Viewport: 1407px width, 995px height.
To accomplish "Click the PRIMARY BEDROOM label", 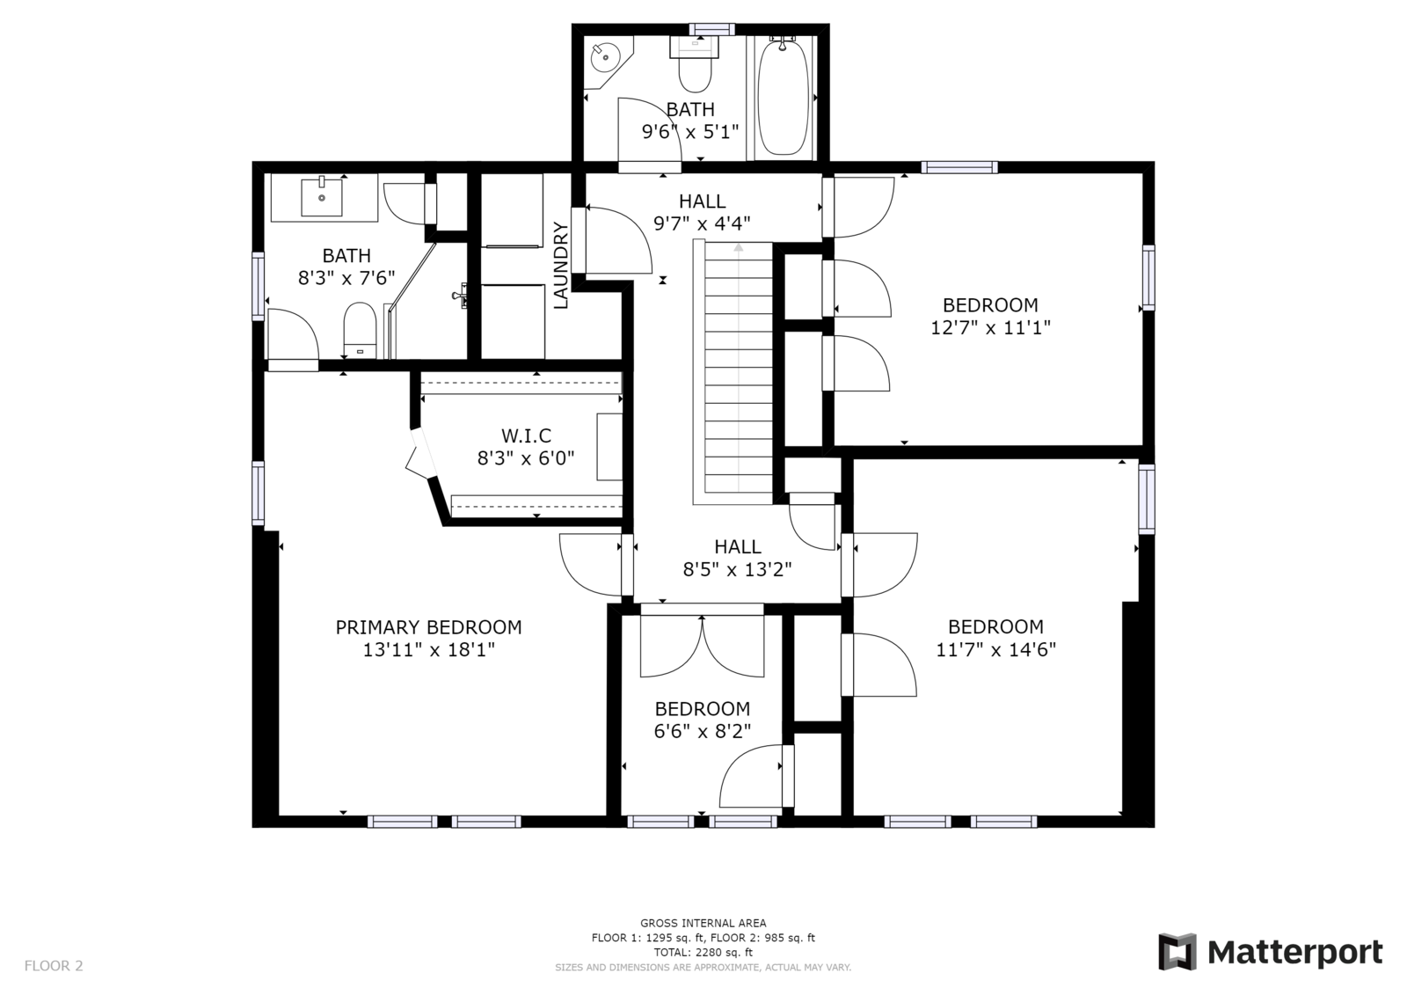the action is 428,627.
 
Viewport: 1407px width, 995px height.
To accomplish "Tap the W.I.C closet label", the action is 527,435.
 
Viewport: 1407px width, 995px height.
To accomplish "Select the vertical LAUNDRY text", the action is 560,266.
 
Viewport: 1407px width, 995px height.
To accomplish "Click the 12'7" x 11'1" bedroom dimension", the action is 990,327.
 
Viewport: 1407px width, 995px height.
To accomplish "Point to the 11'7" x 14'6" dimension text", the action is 996,649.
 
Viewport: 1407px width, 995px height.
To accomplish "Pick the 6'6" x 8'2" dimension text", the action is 703,732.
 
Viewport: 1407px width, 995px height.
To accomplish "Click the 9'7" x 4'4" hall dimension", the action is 703,223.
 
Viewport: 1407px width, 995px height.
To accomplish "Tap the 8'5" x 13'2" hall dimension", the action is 738,569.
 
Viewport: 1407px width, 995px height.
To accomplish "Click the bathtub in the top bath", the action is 783,97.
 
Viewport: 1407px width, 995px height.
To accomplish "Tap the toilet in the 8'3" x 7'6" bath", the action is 360,331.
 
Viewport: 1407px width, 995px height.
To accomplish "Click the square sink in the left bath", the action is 322,197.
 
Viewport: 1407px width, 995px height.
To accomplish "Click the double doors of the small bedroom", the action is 703,645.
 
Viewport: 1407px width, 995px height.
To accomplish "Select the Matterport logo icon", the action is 1177,952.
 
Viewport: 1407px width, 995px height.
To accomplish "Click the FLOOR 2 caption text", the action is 54,965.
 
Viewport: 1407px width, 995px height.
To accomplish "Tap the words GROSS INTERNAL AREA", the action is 703,924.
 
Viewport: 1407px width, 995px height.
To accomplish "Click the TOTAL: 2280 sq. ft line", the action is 703,952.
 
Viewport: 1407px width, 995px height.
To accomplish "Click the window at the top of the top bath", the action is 711,30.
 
